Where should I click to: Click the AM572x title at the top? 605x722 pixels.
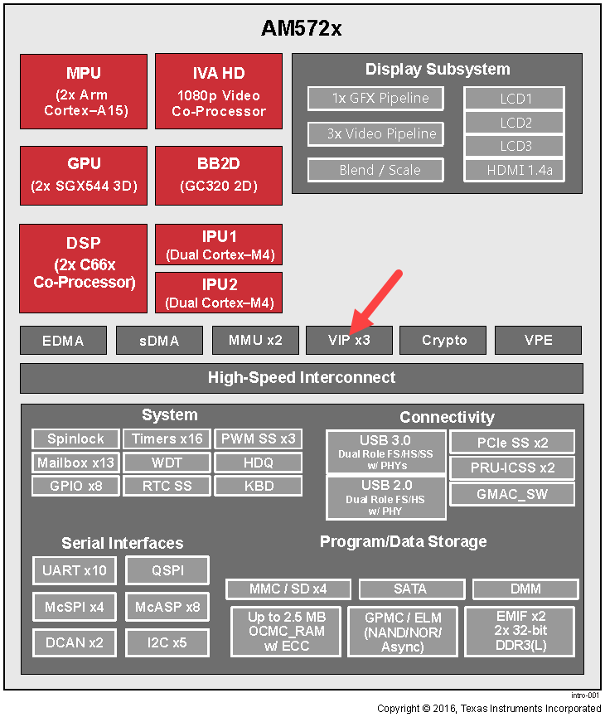pos(301,28)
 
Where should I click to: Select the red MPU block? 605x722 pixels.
pos(84,92)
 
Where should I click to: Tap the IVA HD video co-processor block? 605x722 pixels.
pos(219,91)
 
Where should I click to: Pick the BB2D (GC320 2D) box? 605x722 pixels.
pos(219,176)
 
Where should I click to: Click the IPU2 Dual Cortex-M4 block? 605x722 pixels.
pos(219,293)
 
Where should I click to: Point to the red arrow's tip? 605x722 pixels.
pos(351,334)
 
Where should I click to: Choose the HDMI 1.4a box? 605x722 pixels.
pos(515,171)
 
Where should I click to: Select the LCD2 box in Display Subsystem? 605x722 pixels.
pos(515,123)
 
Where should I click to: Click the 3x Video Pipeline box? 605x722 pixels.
pos(375,134)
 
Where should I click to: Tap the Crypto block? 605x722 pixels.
pos(443,341)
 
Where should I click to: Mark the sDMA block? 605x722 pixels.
pos(159,341)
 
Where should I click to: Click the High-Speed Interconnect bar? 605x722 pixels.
pos(302,378)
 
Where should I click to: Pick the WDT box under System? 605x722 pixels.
pos(167,463)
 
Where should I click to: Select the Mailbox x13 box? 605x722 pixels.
pos(75,463)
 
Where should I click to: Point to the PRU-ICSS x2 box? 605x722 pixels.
pos(512,468)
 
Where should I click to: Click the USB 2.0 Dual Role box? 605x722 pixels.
pos(386,497)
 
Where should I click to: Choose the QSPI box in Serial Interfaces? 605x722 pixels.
pos(167,570)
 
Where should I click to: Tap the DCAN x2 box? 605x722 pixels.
pos(74,642)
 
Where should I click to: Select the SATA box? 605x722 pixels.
pos(412,589)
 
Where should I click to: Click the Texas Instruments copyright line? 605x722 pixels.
pos(489,709)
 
